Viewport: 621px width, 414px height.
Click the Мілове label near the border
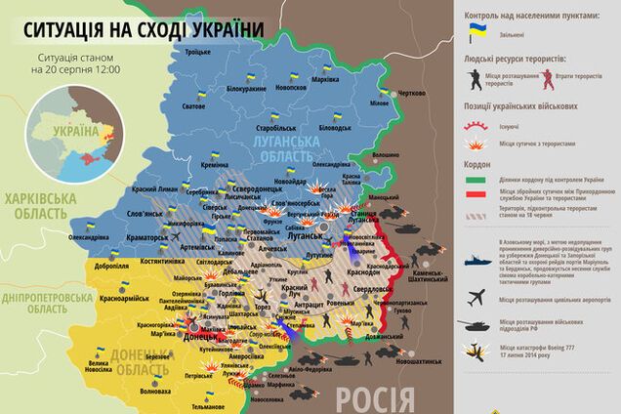pyautogui.click(x=378, y=103)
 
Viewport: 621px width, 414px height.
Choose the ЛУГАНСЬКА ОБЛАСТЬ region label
pyautogui.click(x=284, y=149)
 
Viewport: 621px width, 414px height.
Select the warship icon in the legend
pyautogui.click(x=476, y=265)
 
